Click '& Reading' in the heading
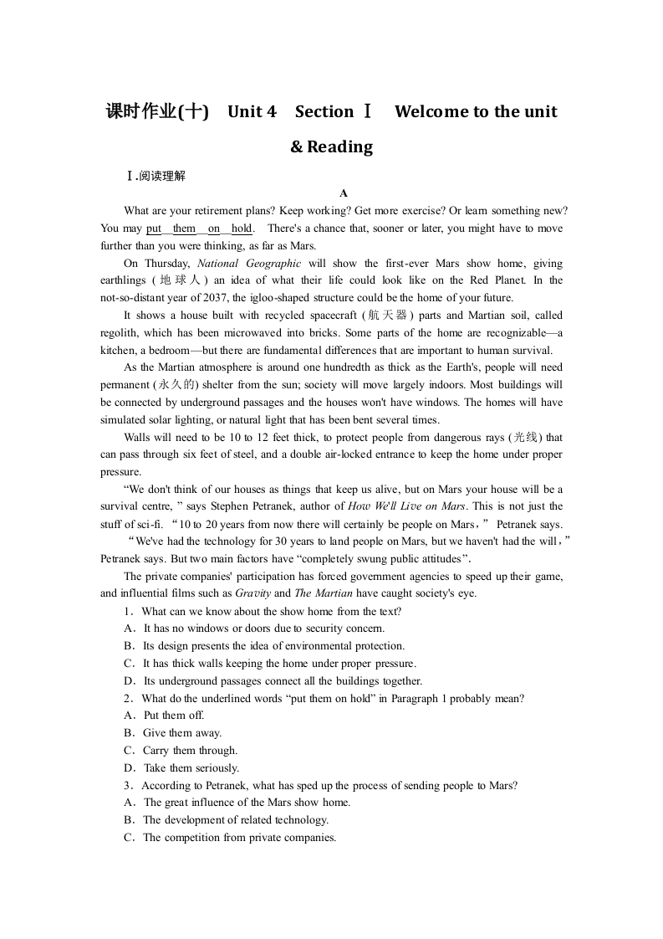(331, 147)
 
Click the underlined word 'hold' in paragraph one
(242, 228)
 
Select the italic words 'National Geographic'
(249, 263)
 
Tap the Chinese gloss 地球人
(177, 280)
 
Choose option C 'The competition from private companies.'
(239, 838)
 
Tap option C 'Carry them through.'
(190, 751)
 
